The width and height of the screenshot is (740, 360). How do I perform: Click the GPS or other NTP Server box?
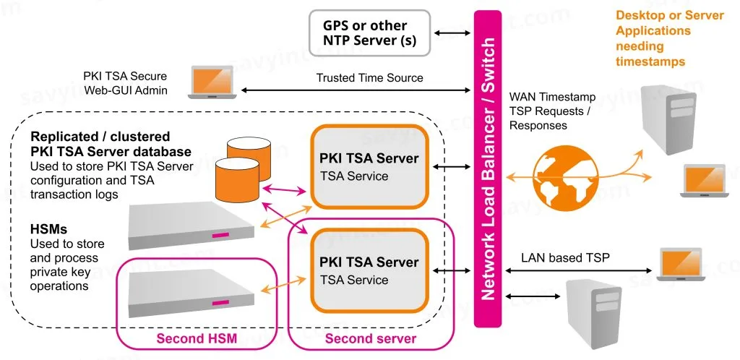369,33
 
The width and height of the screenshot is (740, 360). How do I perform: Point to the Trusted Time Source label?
369,77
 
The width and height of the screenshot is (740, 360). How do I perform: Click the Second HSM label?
196,338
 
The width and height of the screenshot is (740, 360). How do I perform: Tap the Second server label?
371,338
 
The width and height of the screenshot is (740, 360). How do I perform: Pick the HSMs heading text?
50,229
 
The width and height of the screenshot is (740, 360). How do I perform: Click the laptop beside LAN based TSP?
681,264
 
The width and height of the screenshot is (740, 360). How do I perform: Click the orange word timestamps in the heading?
650,62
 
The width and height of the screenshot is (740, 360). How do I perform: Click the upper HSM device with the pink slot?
192,225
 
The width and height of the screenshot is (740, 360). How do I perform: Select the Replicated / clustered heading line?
100,137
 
